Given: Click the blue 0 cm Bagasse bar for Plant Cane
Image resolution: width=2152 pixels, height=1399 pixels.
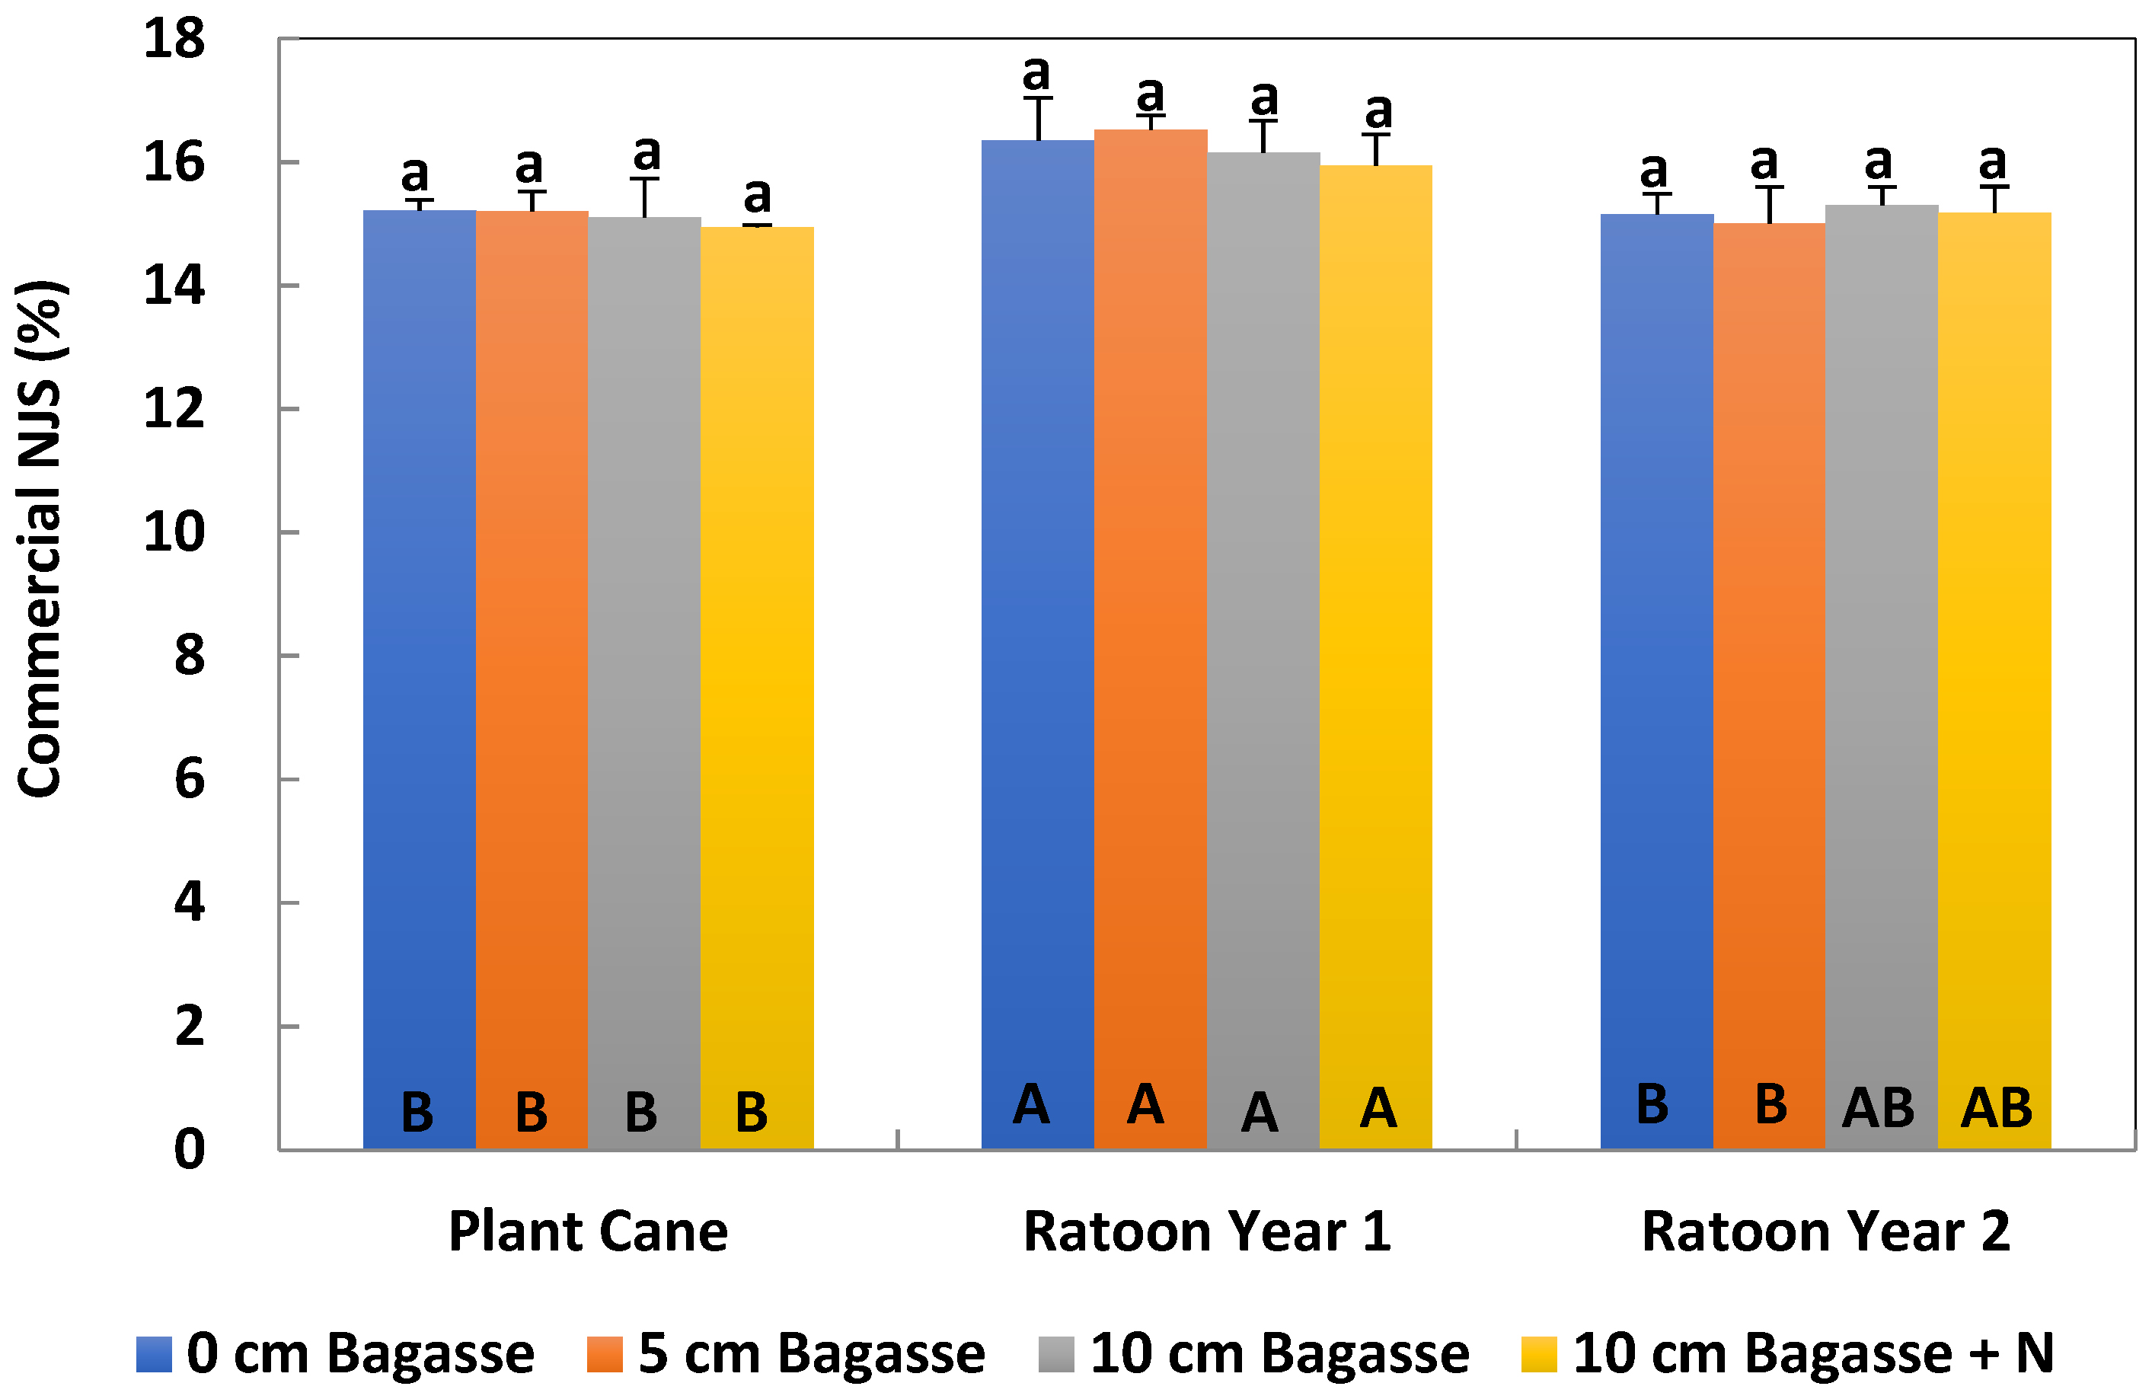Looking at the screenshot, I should (419, 679).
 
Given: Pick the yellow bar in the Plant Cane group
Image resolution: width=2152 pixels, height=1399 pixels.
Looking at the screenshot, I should (757, 687).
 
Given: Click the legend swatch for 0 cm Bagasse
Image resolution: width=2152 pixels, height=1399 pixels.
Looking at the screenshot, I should (154, 1354).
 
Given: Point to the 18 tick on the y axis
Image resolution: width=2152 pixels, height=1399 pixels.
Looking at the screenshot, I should (174, 40).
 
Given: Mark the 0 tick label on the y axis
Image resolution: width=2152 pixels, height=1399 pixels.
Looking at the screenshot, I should (189, 1149).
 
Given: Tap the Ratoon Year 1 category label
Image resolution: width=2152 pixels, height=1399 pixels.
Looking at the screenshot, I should (1207, 1231).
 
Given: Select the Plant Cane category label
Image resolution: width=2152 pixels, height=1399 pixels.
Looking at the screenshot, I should (588, 1231).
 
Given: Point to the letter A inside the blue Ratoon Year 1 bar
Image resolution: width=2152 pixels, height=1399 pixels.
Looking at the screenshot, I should (1031, 1104).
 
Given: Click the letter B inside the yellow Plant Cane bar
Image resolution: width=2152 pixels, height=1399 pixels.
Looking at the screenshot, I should (752, 1113).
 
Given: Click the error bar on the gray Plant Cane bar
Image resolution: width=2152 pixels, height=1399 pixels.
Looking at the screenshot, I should (645, 197).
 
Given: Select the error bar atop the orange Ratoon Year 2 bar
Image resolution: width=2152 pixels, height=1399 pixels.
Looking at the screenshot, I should (1769, 204).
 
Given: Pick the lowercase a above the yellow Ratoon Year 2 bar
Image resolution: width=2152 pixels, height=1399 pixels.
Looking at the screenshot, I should (1993, 162).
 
